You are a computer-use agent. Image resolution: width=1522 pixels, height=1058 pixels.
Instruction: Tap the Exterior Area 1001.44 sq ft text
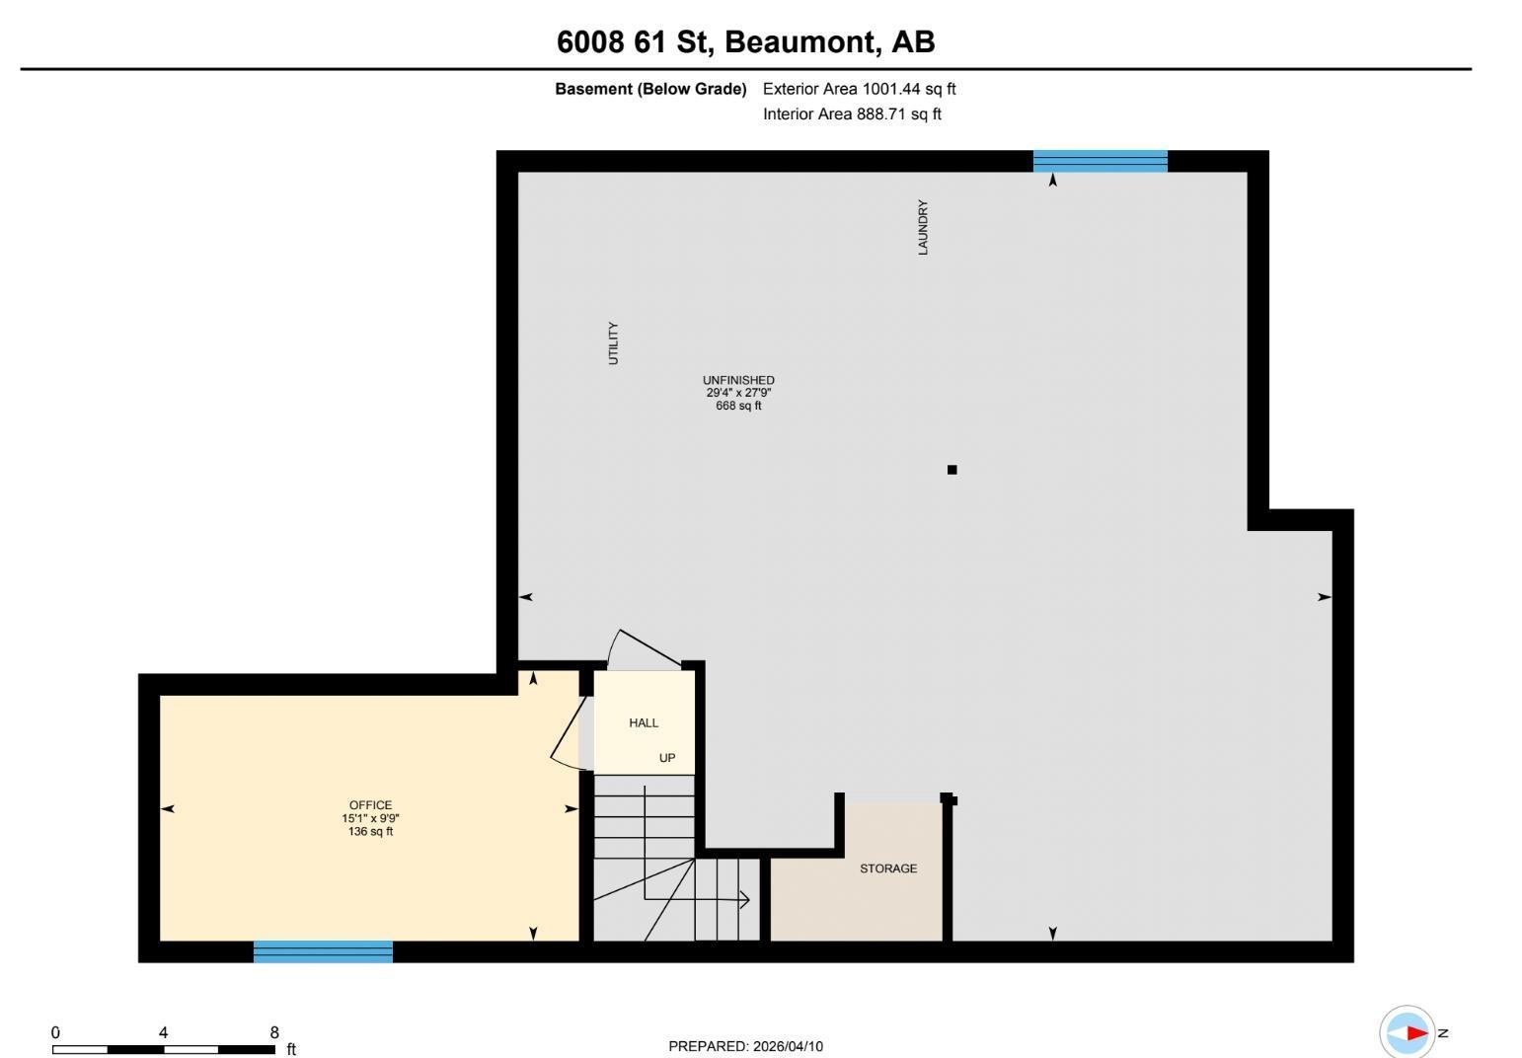coord(859,89)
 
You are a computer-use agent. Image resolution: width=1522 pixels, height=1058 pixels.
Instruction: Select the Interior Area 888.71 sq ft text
coord(852,114)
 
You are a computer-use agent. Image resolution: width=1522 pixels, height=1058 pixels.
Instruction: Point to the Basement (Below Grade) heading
coord(650,89)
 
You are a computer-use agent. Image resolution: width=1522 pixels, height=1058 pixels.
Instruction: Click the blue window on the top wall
coord(1101,161)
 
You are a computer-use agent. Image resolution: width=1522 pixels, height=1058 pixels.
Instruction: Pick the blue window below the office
coord(323,951)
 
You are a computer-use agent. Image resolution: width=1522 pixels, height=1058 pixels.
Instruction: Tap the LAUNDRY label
coord(922,227)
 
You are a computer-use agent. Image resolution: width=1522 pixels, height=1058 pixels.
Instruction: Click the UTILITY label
coord(613,343)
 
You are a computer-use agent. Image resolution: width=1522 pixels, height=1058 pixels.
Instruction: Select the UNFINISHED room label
coord(738,381)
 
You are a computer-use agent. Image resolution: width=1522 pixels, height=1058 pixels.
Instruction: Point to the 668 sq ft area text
coord(738,406)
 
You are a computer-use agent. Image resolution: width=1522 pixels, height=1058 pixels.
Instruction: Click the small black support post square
coord(951,470)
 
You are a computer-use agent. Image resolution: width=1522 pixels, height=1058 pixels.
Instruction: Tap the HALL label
coord(644,723)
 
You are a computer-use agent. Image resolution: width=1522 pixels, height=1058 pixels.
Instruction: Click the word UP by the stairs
coord(667,758)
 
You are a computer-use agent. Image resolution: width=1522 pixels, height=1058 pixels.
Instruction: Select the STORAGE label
coord(888,869)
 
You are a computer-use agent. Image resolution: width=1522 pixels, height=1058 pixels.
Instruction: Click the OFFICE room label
coord(370,805)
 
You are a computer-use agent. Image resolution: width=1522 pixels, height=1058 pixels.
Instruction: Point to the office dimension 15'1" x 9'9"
coord(370,818)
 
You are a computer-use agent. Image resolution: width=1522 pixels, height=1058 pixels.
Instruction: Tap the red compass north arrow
coord(1416,1033)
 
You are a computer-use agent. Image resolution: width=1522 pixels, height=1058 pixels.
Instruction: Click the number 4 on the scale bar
coord(163,1032)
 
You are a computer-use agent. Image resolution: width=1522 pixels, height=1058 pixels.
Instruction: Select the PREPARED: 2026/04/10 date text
coord(745,1046)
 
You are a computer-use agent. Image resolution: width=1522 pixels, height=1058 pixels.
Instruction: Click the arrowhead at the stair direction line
coord(745,900)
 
